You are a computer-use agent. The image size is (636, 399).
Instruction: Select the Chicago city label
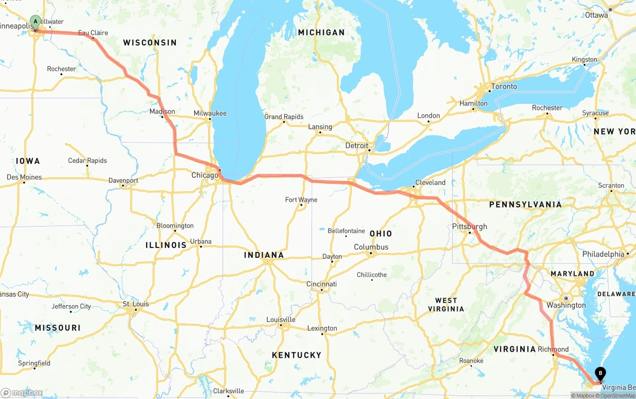(205, 175)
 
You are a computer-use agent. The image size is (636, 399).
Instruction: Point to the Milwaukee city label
(210, 113)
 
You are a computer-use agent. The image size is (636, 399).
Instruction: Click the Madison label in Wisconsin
(162, 111)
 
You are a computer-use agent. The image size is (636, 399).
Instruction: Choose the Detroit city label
(357, 146)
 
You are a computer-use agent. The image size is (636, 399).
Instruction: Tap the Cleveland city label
(430, 182)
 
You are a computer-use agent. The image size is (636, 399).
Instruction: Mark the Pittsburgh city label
(469, 227)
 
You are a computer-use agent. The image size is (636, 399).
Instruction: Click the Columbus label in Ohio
(371, 247)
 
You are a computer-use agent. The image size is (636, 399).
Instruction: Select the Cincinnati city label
(321, 284)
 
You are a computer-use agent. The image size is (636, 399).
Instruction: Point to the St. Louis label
(136, 304)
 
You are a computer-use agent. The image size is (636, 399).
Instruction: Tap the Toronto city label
(504, 86)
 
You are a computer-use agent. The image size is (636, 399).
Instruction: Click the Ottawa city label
(596, 15)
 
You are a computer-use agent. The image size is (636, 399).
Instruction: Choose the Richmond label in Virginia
(553, 349)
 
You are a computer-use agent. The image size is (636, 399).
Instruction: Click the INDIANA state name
(264, 255)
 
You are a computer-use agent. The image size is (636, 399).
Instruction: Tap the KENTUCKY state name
(297, 355)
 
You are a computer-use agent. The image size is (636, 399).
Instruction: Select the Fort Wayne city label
(301, 200)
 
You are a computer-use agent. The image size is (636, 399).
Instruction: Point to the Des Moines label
(24, 177)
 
